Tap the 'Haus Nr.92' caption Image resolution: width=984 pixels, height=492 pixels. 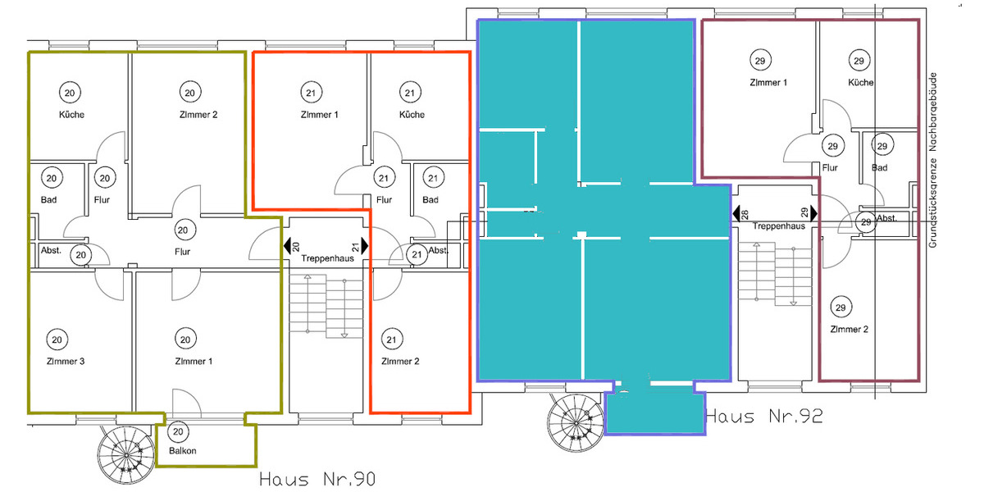[763, 417]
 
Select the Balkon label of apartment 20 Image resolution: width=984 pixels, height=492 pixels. [183, 451]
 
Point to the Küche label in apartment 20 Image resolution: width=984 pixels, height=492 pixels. [71, 115]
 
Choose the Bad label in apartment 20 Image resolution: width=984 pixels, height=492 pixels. [48, 199]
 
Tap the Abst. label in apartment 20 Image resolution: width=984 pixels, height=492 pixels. [50, 252]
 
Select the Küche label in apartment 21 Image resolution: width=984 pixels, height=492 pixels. [412, 115]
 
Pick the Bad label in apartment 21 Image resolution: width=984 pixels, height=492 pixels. [430, 199]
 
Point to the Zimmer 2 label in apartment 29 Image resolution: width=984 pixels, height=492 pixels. [849, 330]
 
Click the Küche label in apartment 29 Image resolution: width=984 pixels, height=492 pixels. [861, 83]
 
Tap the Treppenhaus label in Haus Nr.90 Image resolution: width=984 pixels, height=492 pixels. [326, 257]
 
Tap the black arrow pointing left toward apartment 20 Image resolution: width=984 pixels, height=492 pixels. [288, 245]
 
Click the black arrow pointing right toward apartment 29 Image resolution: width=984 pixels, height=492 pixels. [814, 213]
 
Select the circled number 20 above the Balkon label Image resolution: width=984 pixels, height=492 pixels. [178, 430]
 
